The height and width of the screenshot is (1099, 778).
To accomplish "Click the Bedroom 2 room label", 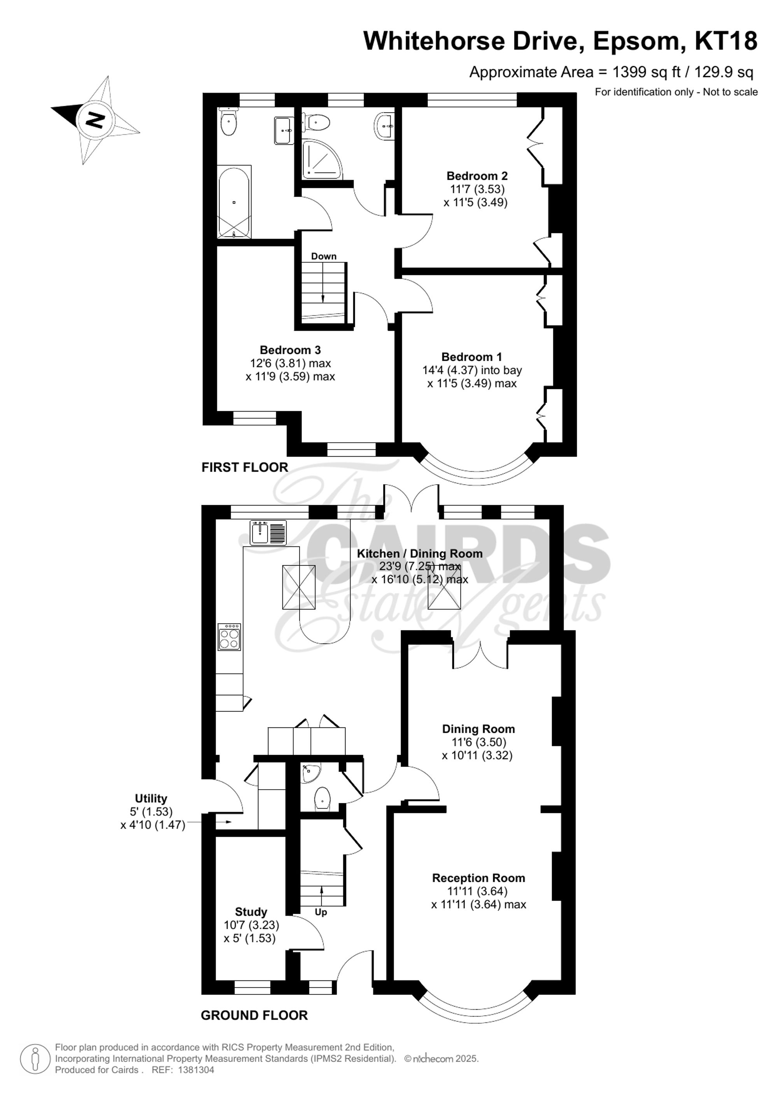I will [x=477, y=176].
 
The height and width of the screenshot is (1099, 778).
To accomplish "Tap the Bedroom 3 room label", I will [x=290, y=350].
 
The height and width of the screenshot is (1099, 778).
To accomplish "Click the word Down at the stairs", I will [x=324, y=256].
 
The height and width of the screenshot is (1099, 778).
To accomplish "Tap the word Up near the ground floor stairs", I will [x=321, y=912].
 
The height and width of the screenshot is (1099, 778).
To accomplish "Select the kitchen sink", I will [x=268, y=532].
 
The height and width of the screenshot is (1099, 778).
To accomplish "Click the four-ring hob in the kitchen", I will [x=229, y=637].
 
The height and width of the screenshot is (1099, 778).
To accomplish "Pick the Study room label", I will [x=251, y=912].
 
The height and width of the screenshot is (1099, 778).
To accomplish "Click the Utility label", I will [x=151, y=798].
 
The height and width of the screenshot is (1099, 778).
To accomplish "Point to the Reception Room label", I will [x=478, y=878].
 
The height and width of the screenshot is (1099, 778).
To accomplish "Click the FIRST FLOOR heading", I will [x=244, y=468].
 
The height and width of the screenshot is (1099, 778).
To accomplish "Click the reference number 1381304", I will [x=196, y=1070].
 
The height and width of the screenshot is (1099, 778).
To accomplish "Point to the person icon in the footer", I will [x=35, y=1058].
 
